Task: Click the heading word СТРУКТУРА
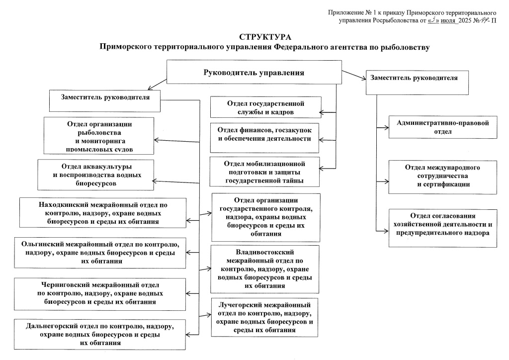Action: click(x=264, y=37)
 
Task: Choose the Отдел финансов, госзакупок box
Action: click(x=265, y=135)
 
